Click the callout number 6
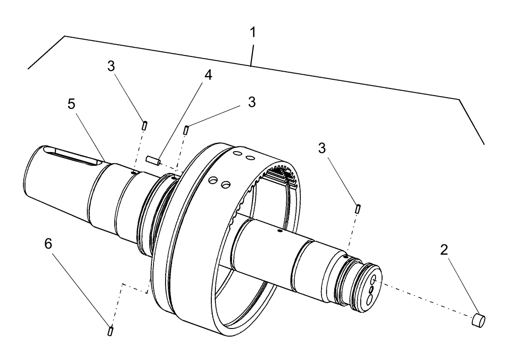coord(48,245)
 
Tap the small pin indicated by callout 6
coord(111,332)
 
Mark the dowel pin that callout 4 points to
coord(153,161)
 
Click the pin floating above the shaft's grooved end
coord(359,208)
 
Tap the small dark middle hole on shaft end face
coord(370,289)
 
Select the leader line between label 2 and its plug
coord(459,285)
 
